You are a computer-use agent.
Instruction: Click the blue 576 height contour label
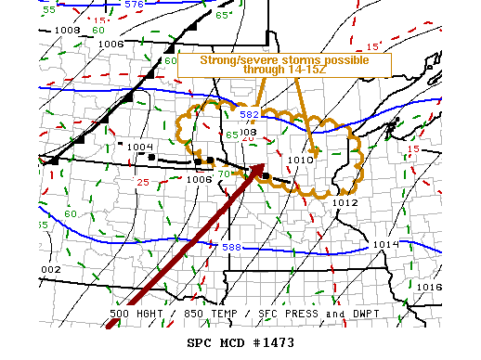tap(134, 5)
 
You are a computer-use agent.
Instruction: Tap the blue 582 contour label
tap(250, 115)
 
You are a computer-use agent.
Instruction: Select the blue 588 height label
tap(231, 247)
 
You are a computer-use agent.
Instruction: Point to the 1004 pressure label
tap(140, 147)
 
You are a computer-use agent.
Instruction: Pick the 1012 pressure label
tap(345, 202)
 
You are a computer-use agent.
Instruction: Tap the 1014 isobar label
tap(385, 244)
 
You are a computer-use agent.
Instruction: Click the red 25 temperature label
tap(143, 182)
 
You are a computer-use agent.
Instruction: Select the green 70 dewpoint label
tap(223, 174)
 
